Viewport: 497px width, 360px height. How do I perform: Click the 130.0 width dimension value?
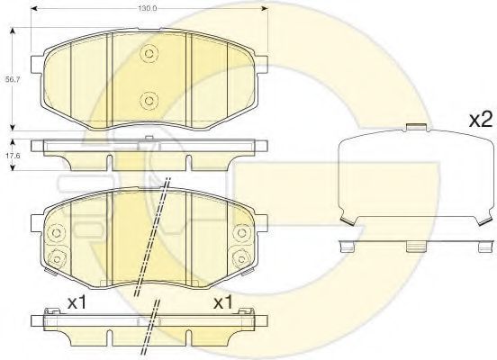(x=147, y=9)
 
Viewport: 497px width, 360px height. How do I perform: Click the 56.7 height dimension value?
(x=13, y=80)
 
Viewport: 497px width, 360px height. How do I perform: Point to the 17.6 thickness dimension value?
(x=13, y=156)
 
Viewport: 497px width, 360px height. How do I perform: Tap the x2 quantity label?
(x=481, y=120)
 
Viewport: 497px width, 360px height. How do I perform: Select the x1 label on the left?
(x=77, y=303)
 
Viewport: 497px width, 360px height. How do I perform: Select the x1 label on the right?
(x=223, y=303)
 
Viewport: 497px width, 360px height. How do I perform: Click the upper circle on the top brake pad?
(x=149, y=53)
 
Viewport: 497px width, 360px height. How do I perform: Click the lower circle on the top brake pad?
(x=149, y=101)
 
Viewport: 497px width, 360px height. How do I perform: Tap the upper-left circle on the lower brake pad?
(x=56, y=233)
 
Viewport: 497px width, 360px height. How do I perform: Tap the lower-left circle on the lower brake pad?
(x=57, y=259)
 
